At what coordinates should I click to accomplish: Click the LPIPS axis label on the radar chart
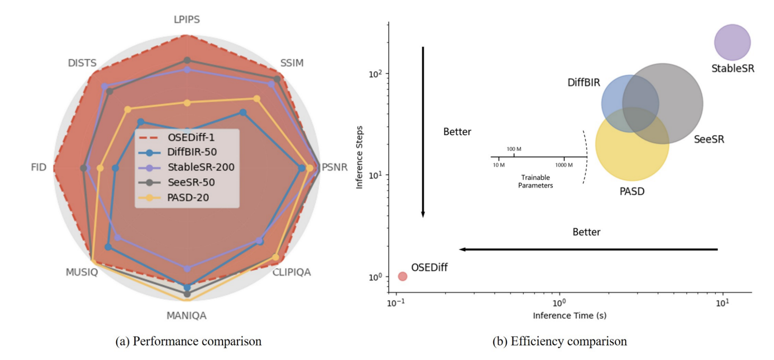(x=187, y=20)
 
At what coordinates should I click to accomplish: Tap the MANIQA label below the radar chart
(x=186, y=315)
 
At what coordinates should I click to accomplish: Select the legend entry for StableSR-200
(x=201, y=167)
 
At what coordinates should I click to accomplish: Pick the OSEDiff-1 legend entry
(x=191, y=137)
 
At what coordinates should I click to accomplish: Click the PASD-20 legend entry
(x=188, y=197)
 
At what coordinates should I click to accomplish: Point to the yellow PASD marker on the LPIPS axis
(x=187, y=103)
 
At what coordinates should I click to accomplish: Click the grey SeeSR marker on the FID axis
(x=84, y=168)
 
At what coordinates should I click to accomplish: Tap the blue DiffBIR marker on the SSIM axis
(x=243, y=113)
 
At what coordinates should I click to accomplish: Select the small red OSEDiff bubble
(x=402, y=276)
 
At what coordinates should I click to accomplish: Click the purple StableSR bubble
(x=732, y=42)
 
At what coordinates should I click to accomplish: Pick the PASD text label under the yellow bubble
(x=632, y=191)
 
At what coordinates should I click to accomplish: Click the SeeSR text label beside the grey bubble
(x=709, y=140)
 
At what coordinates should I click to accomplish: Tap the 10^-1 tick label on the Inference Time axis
(x=396, y=303)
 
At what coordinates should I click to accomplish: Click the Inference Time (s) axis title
(x=570, y=316)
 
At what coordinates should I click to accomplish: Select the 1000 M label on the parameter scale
(x=563, y=165)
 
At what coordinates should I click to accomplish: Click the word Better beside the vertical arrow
(x=457, y=132)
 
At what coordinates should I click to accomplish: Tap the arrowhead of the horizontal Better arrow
(x=462, y=249)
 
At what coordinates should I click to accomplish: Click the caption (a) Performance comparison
(x=188, y=341)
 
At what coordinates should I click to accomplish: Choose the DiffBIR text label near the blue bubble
(x=584, y=82)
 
